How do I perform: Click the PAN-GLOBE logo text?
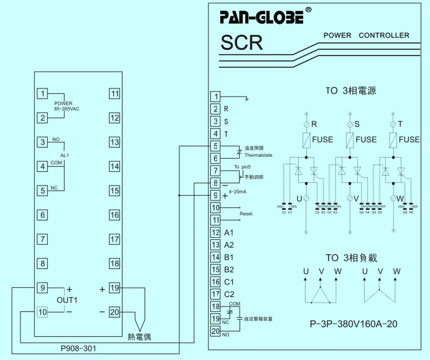click(261, 17)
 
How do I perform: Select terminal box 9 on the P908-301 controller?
click(42, 288)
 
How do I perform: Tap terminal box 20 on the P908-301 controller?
click(115, 313)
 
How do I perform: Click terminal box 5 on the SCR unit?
click(215, 146)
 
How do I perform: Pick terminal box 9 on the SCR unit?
click(215, 195)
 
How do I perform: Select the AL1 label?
click(64, 154)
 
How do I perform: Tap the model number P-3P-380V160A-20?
click(353, 324)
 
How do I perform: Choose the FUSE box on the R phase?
click(306, 140)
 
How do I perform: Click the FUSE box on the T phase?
click(393, 140)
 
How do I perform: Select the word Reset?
click(246, 214)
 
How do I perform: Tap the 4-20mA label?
click(238, 192)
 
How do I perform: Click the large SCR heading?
click(241, 43)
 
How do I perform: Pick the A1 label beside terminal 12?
click(229, 232)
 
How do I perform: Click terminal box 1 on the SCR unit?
click(215, 97)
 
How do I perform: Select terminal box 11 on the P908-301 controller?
click(115, 93)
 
